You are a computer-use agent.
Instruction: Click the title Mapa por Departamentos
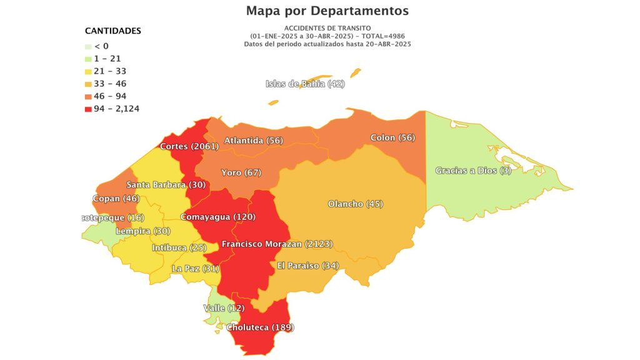coord(327,11)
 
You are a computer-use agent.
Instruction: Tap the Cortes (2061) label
coord(189,147)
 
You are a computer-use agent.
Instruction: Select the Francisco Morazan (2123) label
coord(277,244)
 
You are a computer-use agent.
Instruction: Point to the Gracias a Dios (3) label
coord(473,171)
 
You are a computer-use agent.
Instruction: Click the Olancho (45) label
coord(355,204)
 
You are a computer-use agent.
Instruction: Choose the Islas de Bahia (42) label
coord(305,84)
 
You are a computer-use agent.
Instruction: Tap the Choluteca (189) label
coord(259,327)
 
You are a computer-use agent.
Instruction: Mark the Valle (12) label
coord(223,308)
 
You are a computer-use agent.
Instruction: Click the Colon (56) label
coord(392,137)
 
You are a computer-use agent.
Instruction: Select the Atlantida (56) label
coord(253,141)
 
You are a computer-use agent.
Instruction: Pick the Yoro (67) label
coord(241,172)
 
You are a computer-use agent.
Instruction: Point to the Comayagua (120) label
coord(217,217)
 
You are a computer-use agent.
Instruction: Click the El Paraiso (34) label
coord(307,266)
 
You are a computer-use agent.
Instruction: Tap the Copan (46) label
coord(116,199)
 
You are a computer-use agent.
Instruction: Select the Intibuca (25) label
coord(178,248)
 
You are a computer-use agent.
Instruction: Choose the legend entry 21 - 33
coord(111,71)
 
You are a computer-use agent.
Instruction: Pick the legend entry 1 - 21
coord(107,59)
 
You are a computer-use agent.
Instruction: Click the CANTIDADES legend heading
coord(113,31)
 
